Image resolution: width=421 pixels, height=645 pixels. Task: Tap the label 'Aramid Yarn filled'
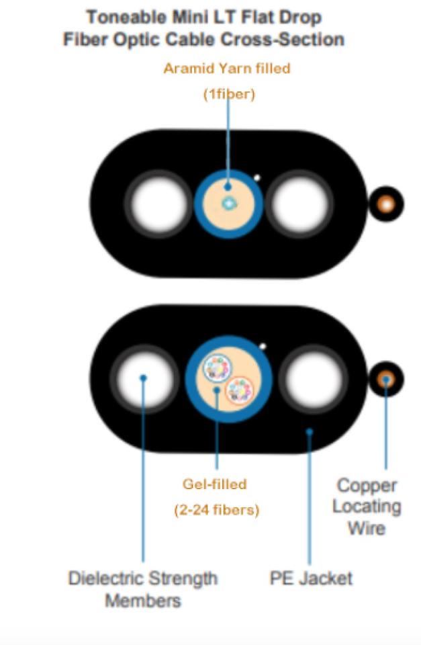tap(227, 68)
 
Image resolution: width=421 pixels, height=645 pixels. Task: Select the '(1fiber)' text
tap(229, 95)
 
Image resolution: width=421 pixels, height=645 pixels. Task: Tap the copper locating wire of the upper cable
tap(386, 204)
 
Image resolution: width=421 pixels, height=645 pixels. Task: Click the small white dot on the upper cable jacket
tap(256, 178)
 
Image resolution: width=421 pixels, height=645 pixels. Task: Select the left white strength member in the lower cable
tap(142, 378)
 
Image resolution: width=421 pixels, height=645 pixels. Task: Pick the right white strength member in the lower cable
tap(313, 378)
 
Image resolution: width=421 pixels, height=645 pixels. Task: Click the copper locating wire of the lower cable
tap(386, 379)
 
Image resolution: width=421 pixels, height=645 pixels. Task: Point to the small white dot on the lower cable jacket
tap(263, 347)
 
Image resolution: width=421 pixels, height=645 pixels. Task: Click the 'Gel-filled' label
tap(215, 484)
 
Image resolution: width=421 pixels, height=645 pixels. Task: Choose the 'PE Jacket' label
tap(310, 578)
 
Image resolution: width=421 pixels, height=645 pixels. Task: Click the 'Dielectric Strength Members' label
tap(142, 588)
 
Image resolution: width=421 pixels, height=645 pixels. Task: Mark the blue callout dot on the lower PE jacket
tap(310, 432)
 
